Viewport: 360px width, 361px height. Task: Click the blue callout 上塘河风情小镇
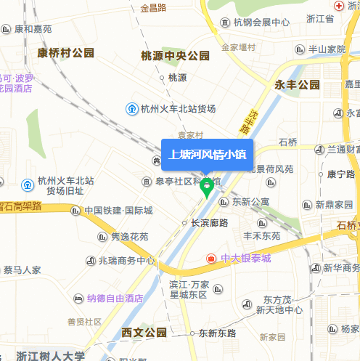click(207, 154)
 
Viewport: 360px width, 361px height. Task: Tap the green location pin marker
click(207, 188)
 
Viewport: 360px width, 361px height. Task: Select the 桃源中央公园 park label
click(175, 56)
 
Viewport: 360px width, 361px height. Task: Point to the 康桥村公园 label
click(65, 52)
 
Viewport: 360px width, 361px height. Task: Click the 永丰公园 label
click(297, 85)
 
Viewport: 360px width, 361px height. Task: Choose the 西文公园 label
click(144, 333)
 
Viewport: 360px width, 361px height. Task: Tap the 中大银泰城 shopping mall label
click(245, 259)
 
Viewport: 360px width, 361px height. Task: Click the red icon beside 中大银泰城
click(211, 259)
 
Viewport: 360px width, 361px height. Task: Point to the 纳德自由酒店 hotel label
click(114, 298)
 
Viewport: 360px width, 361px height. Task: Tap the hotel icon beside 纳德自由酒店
click(78, 298)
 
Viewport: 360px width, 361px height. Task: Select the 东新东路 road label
click(217, 333)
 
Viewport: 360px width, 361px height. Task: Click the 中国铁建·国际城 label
click(118, 211)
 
